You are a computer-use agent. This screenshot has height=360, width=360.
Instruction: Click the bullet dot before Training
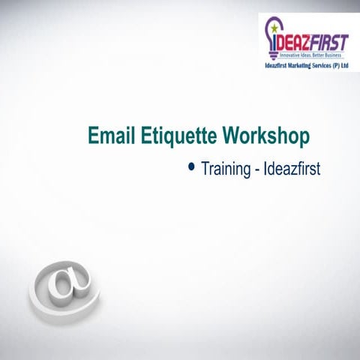tap(193, 167)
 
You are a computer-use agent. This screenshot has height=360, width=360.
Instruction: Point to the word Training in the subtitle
tap(225, 169)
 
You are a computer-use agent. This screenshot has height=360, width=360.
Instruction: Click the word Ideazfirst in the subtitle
tap(292, 169)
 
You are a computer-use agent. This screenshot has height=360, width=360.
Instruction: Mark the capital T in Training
tap(203, 169)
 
